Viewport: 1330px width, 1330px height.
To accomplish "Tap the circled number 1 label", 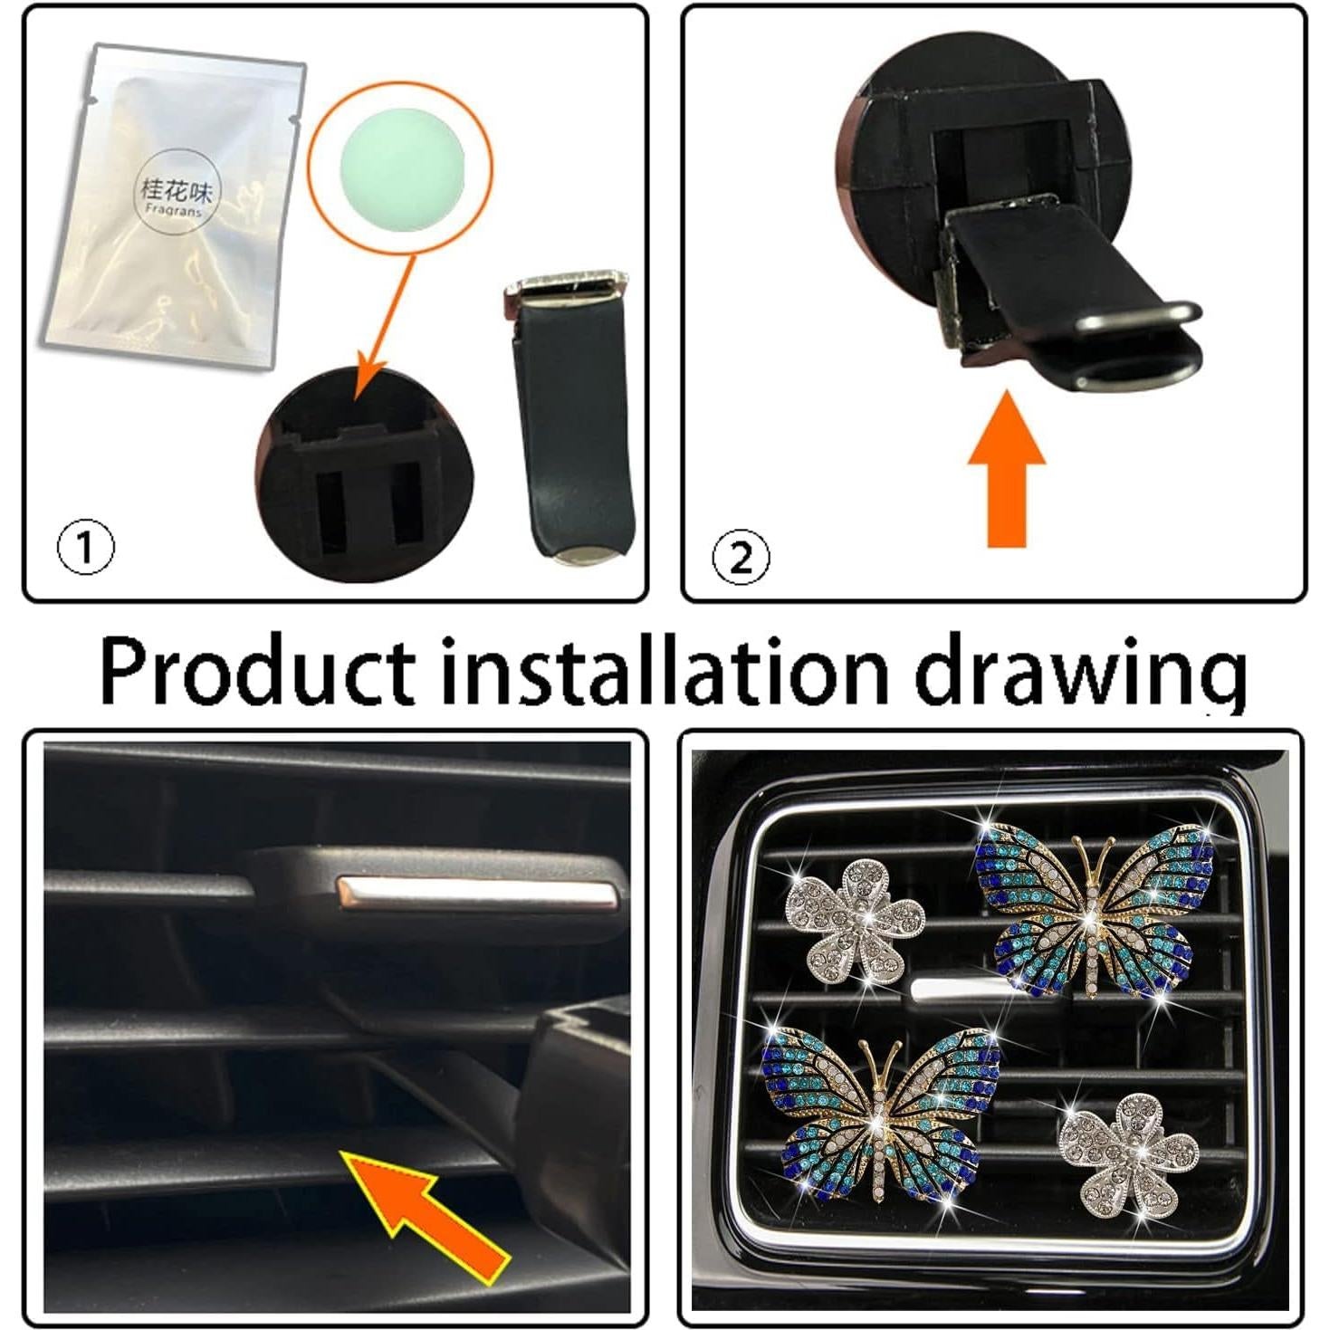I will click(x=86, y=547).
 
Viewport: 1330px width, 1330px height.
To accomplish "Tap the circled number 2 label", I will click(x=741, y=558).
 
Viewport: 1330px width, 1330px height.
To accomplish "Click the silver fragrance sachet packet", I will click(x=172, y=208).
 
